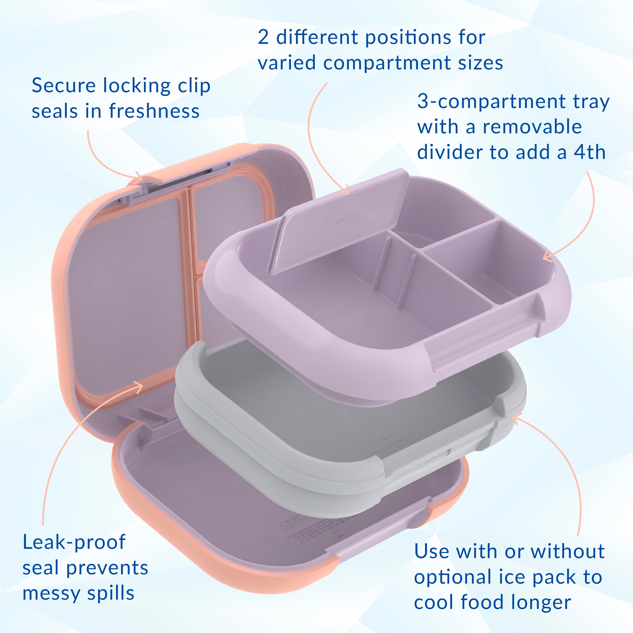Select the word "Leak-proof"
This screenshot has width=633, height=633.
pos(74,542)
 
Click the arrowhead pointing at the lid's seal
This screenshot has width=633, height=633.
pos(139,387)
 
